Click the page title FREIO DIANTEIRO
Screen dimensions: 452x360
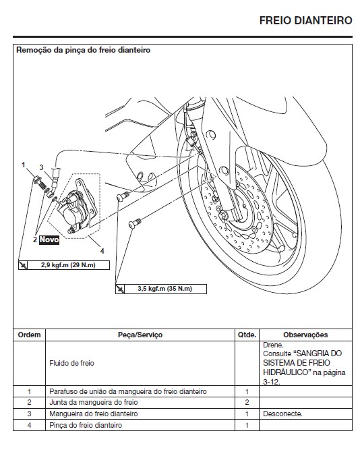click(305, 21)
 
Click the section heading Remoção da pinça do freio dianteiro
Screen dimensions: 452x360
click(83, 51)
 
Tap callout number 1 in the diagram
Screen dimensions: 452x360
click(23, 164)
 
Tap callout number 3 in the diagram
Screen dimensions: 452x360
click(40, 167)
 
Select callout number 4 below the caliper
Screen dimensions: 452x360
click(102, 250)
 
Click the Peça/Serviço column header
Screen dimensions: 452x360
click(140, 334)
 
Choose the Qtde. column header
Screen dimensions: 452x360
click(247, 334)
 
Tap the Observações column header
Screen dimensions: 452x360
click(305, 334)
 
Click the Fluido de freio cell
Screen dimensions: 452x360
click(71, 362)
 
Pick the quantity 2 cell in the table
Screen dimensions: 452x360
click(247, 402)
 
